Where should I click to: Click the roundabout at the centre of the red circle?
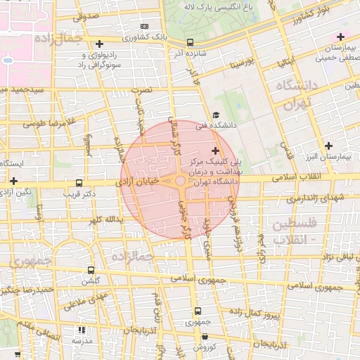pos(180,182)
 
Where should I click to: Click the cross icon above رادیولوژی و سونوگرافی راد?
pos(99,44)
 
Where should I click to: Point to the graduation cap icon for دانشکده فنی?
pos(215,115)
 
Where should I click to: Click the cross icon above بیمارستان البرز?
pos(328,145)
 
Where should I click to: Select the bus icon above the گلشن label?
pos(91,270)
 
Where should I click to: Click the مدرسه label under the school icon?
pos(82,341)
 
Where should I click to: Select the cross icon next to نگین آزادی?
pos(13,181)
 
